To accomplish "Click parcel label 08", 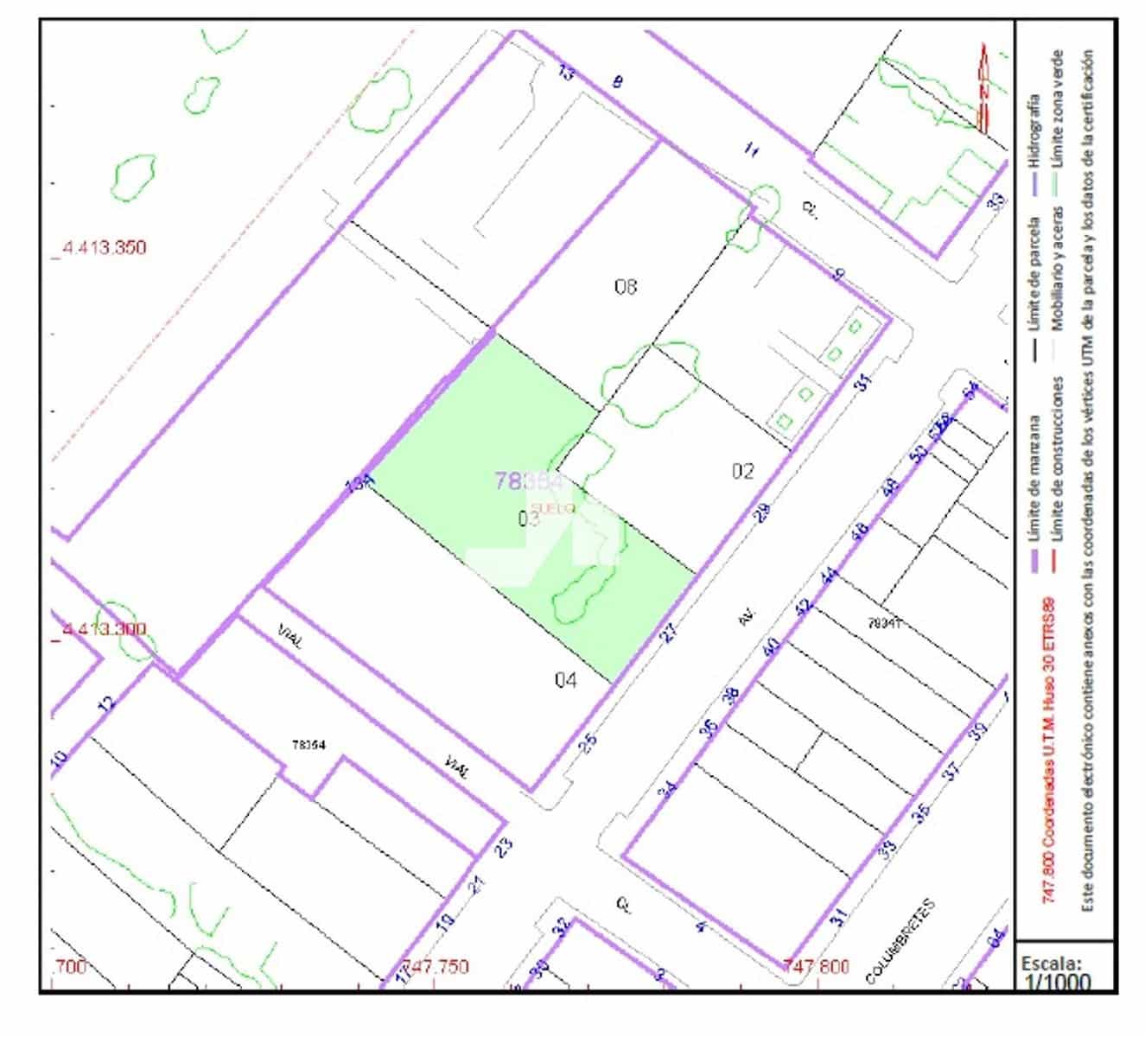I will (626, 286).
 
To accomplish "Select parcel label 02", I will (742, 471).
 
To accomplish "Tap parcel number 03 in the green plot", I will (529, 518).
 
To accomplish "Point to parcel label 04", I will (565, 681).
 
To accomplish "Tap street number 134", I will (359, 484).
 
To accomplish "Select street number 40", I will (772, 646).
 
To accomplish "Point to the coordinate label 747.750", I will (436, 966).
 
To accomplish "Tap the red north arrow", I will (983, 86).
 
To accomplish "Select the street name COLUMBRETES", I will (900, 942).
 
